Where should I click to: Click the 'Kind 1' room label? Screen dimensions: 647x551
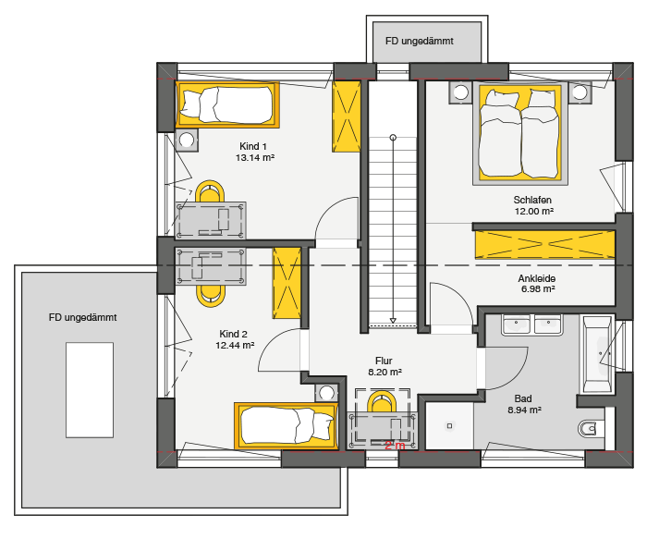(253, 146)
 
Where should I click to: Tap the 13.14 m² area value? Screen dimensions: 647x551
(255, 158)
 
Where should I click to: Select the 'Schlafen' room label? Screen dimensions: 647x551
(532, 201)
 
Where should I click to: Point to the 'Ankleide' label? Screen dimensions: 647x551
(536, 278)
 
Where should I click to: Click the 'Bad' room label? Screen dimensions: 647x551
(523, 398)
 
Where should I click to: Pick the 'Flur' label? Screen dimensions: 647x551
(384, 361)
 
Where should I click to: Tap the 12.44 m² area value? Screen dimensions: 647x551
(235, 346)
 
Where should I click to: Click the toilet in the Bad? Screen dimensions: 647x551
(588, 429)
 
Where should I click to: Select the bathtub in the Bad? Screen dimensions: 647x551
(596, 354)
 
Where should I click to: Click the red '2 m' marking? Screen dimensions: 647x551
(395, 446)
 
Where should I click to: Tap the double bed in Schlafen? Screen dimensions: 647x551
(520, 133)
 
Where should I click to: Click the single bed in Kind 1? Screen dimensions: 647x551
(227, 104)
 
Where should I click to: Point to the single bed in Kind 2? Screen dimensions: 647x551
(286, 426)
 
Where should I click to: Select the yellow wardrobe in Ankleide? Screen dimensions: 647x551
(544, 244)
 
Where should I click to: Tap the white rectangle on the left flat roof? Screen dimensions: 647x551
(90, 390)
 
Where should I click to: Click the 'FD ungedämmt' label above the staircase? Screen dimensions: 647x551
(420, 42)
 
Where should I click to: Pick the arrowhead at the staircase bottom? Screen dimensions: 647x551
(393, 320)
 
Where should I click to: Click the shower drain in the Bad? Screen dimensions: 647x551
(450, 426)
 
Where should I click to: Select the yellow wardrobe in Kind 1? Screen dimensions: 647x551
(347, 116)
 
